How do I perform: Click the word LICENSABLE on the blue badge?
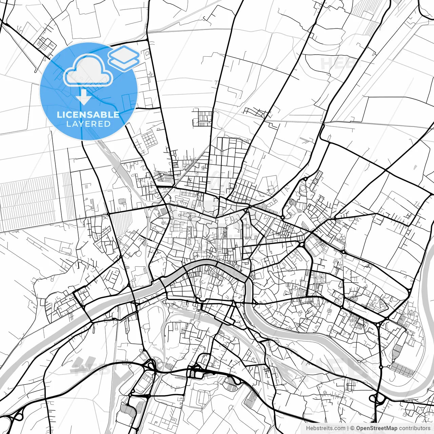pos(88,115)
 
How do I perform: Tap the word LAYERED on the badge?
pos(88,124)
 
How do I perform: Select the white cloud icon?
pos(88,72)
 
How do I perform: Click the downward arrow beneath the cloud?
pos(83,97)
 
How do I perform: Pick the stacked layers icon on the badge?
pos(124,58)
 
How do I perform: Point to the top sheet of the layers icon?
pos(124,53)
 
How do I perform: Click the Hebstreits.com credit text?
pos(325,428)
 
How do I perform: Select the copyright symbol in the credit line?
pos(352,428)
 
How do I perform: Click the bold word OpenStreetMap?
pos(376,428)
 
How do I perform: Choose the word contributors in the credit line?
pos(414,428)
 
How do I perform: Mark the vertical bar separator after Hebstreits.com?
pos(348,428)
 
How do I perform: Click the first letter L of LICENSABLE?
pos(59,115)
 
